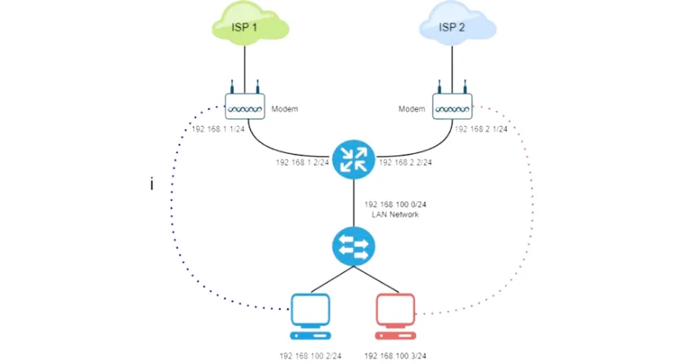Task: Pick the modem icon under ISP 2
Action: pos(452,103)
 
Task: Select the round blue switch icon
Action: pos(353,247)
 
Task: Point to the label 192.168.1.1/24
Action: pos(218,129)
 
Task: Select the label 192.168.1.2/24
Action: pos(302,162)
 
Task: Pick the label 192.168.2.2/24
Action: pos(405,162)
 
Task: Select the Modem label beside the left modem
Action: pos(284,108)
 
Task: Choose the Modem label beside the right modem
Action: pos(412,108)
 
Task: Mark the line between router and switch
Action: pos(353,203)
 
